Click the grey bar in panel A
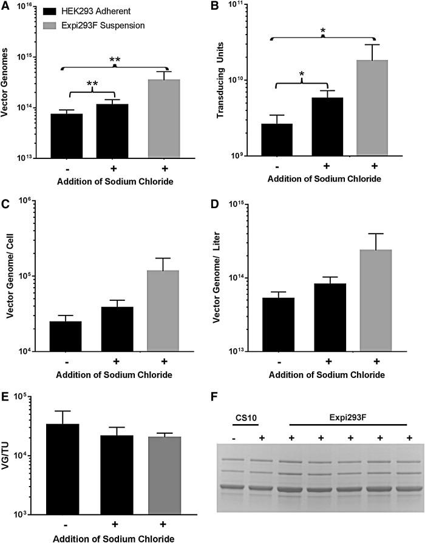(164, 118)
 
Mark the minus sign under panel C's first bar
(66, 361)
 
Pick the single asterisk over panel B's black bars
(301, 73)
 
